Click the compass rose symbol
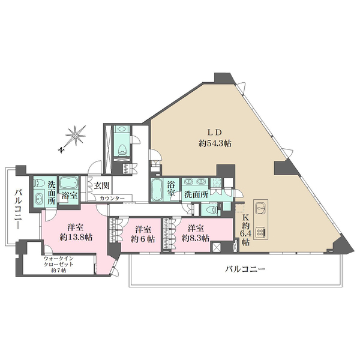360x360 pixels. coord(76,136)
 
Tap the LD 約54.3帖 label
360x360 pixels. coord(215,138)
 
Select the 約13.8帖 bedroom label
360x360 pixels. coord(76,232)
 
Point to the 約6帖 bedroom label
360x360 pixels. coord(143,234)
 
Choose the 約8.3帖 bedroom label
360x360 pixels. coord(196,233)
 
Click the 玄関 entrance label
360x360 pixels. coord(101,185)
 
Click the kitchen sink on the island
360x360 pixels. coord(260,207)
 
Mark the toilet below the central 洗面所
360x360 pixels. coord(211,209)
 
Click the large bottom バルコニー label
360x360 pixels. coord(245,269)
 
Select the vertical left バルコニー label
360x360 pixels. coord(18,209)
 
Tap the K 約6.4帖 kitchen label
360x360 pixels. coord(245,230)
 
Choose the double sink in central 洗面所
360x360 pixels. coord(195,181)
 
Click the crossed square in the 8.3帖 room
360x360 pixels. coord(216,247)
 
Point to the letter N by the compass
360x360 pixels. coord(61,149)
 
